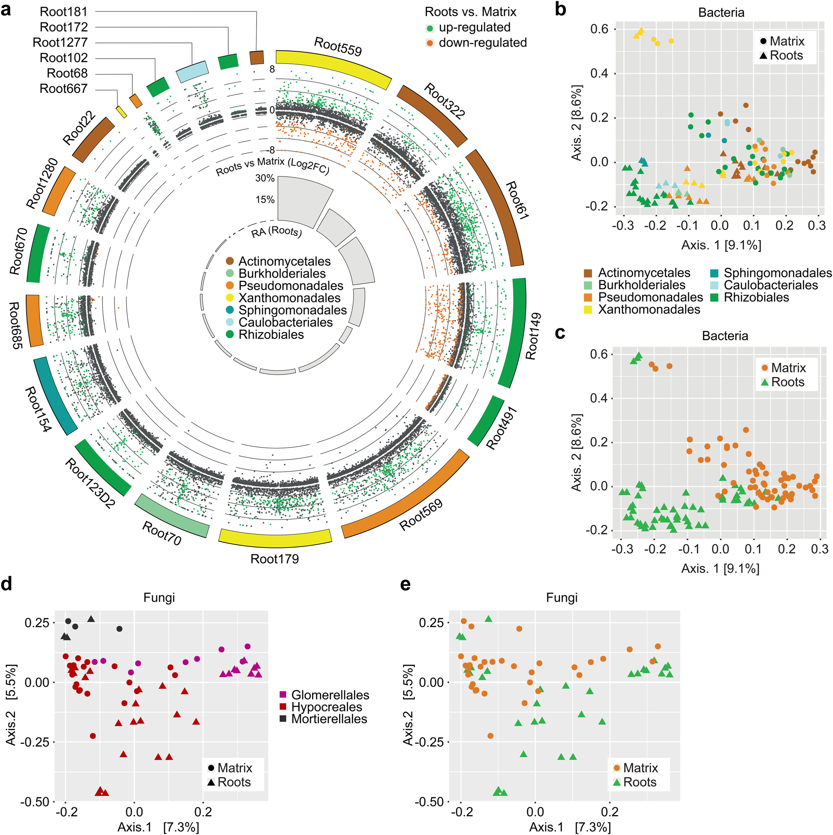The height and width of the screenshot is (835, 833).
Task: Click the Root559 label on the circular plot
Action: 337,47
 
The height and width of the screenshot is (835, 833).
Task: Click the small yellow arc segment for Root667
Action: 121,112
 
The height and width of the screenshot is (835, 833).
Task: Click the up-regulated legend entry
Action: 474,27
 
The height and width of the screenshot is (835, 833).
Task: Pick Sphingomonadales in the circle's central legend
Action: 292,310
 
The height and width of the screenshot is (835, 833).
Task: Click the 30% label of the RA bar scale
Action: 265,178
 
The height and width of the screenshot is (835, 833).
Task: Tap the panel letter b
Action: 560,10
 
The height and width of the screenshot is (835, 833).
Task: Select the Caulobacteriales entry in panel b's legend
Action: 771,285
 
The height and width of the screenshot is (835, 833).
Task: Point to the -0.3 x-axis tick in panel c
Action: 622,549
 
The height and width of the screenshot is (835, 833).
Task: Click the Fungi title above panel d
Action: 159,598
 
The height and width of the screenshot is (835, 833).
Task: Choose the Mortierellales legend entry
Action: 329,719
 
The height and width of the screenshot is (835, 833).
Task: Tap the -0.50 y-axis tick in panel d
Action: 35,802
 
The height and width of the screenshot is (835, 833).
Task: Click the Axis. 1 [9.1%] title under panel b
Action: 721,245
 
